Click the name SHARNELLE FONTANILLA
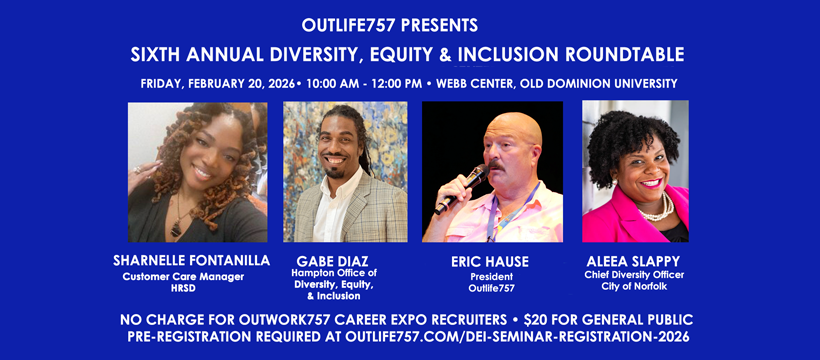191,260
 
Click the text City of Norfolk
635,287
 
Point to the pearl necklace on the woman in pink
656,208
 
